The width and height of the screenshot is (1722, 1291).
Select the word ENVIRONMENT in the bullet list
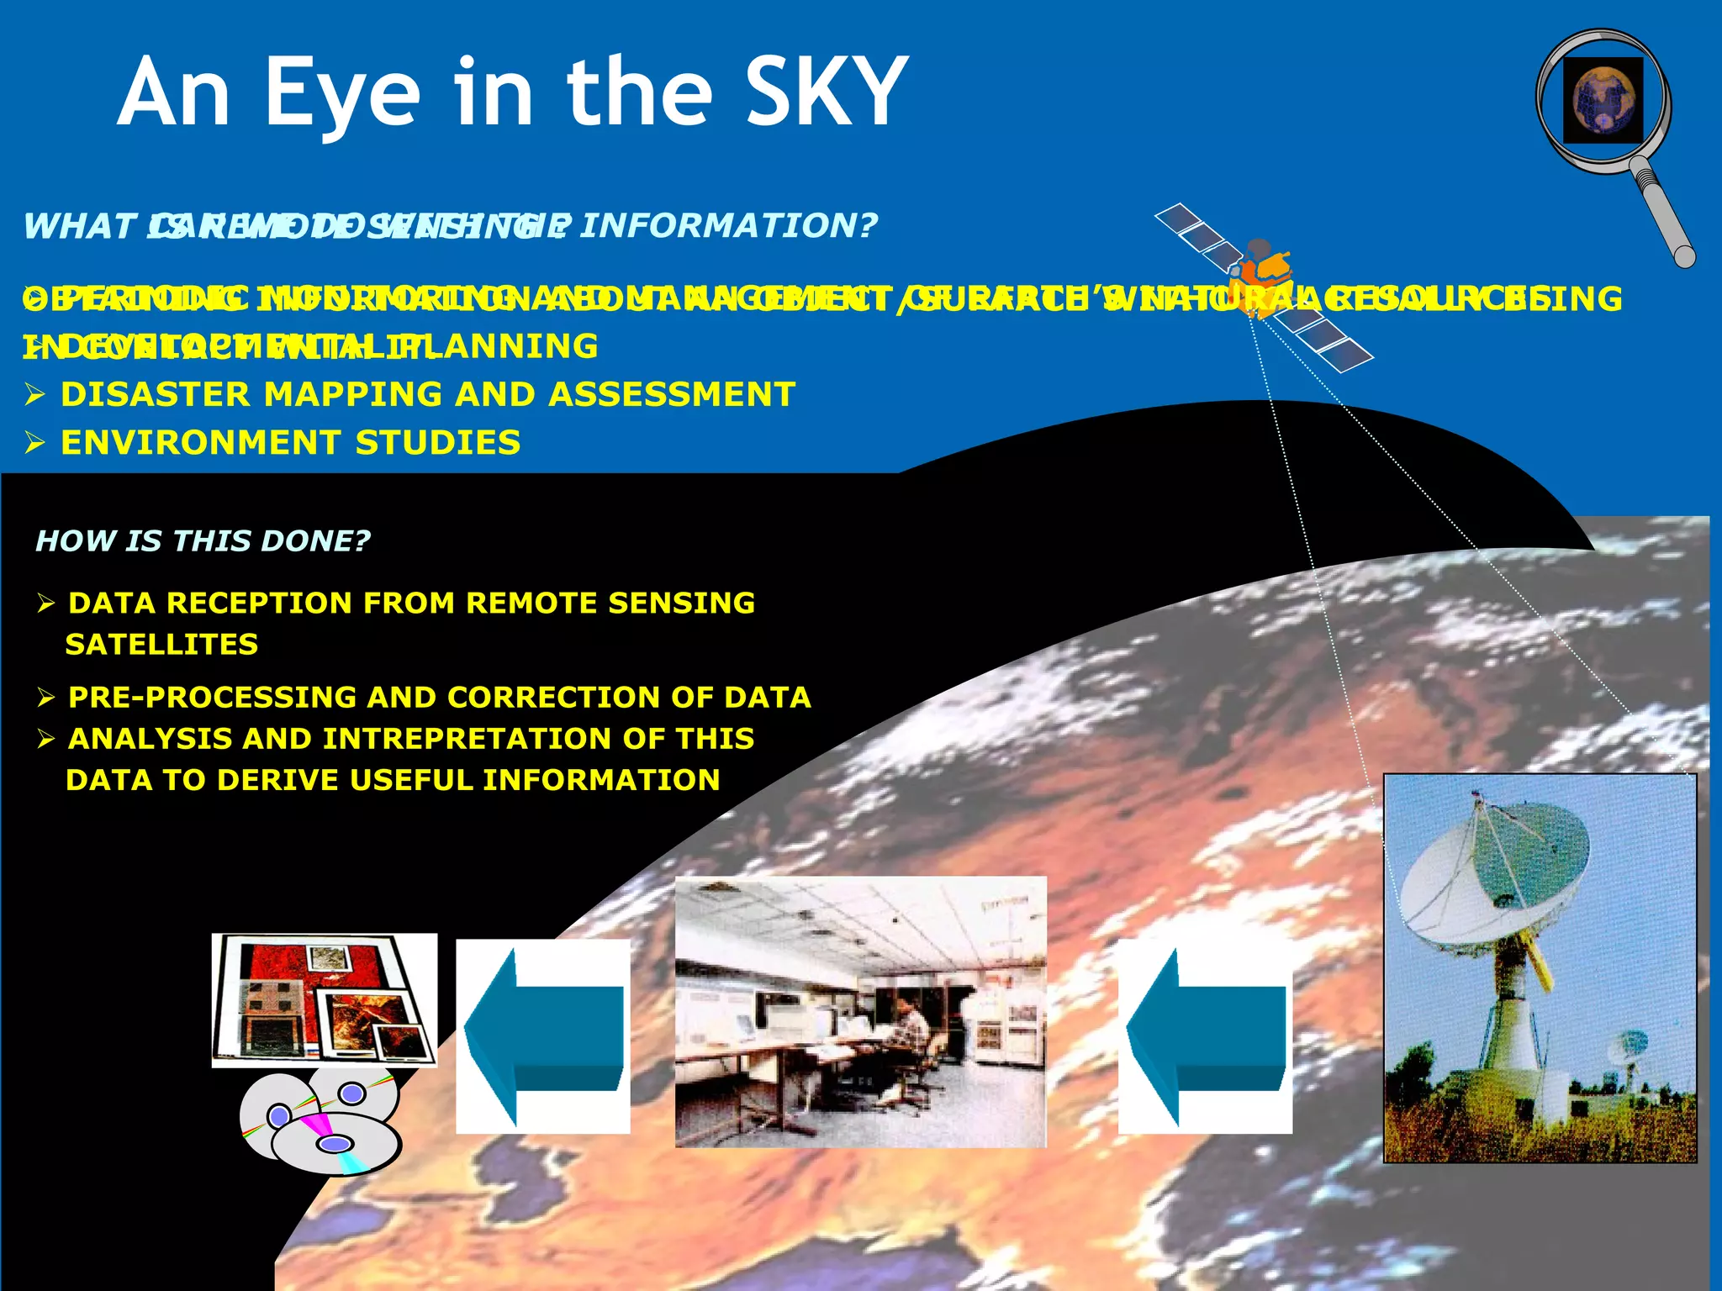click(x=201, y=443)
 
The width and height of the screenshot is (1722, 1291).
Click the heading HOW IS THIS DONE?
click(x=203, y=540)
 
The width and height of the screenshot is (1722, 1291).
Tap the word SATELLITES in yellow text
click(x=161, y=645)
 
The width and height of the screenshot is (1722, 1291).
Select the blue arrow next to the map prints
click(x=543, y=1038)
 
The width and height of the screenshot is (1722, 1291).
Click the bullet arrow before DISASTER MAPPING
click(x=34, y=395)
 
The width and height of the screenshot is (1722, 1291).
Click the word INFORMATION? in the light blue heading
click(x=728, y=225)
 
